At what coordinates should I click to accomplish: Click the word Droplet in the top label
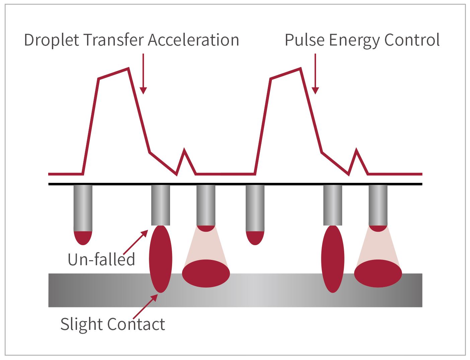(x=52, y=40)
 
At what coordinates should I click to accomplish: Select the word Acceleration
(x=193, y=40)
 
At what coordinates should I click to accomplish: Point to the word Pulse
(x=305, y=40)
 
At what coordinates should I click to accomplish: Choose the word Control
(x=412, y=40)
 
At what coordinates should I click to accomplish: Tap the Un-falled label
(x=101, y=260)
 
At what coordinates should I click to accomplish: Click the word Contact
(x=136, y=324)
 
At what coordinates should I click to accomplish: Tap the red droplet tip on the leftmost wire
(x=83, y=237)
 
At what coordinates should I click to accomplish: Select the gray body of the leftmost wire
(x=83, y=208)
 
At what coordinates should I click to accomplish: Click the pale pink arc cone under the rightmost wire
(x=378, y=246)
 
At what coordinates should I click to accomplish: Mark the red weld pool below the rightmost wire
(x=378, y=273)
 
